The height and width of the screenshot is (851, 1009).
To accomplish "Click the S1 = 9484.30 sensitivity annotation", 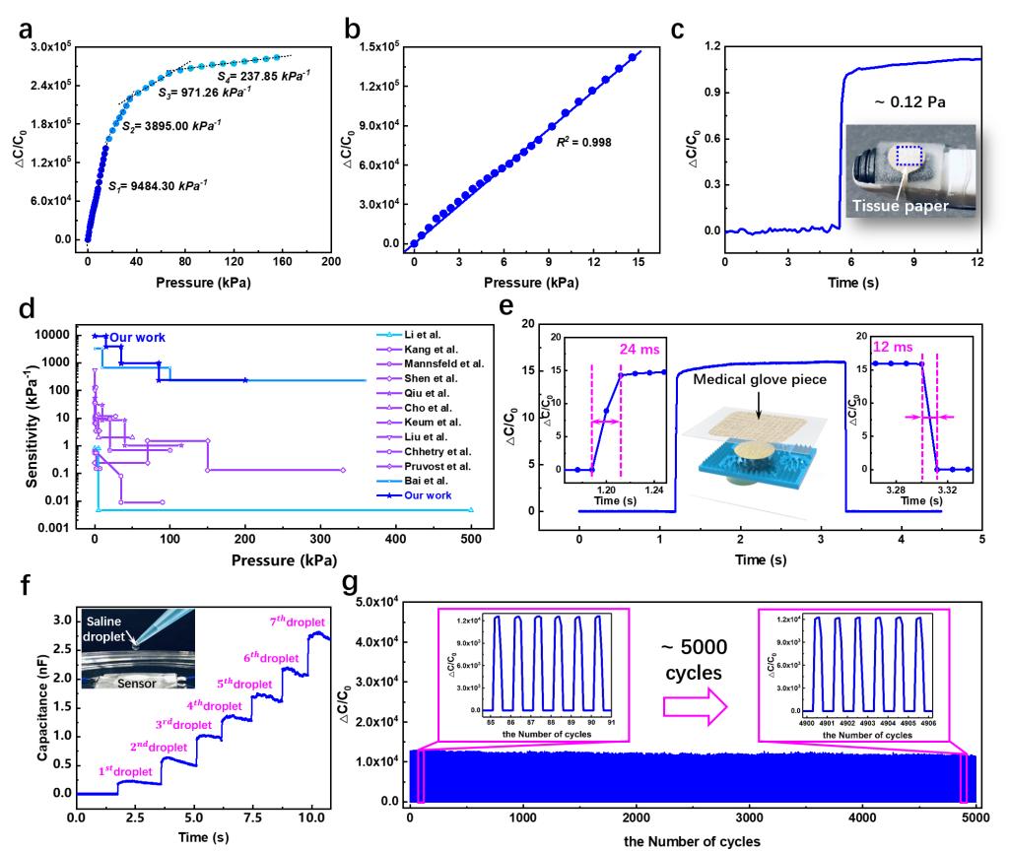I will pyautogui.click(x=158, y=185).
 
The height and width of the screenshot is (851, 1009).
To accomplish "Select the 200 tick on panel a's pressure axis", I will pyautogui.click(x=331, y=261).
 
